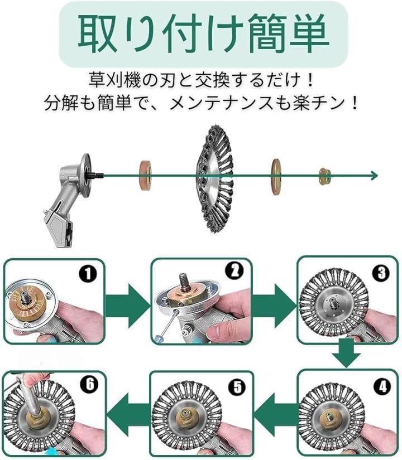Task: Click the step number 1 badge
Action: click(88, 274)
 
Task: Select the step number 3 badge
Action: click(381, 273)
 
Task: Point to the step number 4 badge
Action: click(382, 387)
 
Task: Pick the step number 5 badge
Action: click(237, 387)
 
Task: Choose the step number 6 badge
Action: click(90, 384)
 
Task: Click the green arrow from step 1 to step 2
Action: click(128, 306)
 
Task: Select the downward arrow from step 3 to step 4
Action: click(347, 352)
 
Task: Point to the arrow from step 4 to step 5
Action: click(275, 414)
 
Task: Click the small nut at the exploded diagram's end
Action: click(325, 176)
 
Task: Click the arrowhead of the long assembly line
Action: click(375, 176)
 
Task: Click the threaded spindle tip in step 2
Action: click(184, 282)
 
